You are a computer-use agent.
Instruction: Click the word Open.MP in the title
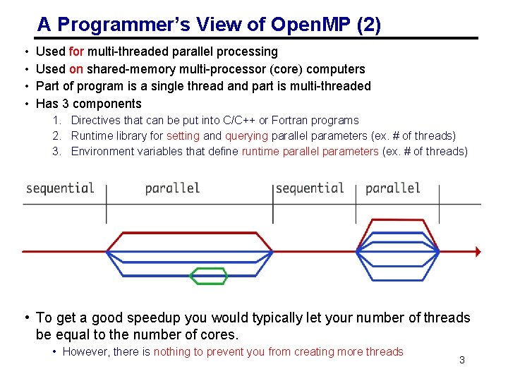(316, 25)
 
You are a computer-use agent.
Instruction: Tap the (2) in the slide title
(369, 25)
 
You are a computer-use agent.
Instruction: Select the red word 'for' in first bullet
(77, 52)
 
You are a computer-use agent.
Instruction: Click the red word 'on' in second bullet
(76, 69)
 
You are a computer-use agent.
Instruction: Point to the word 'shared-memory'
(126, 69)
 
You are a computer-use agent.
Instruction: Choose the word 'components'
(108, 104)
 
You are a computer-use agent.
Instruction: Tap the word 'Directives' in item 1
(96, 121)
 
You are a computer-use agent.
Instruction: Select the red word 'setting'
(183, 136)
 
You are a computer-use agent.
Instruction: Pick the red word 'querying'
(246, 136)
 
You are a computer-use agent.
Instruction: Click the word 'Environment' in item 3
(102, 152)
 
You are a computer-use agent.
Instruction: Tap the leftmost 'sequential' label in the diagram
(60, 188)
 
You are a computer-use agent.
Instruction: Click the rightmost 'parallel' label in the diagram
(393, 188)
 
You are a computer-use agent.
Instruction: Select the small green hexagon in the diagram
(210, 275)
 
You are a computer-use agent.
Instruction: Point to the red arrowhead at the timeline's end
(478, 250)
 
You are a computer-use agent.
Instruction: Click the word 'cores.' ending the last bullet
(219, 334)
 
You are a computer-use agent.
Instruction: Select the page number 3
(461, 361)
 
